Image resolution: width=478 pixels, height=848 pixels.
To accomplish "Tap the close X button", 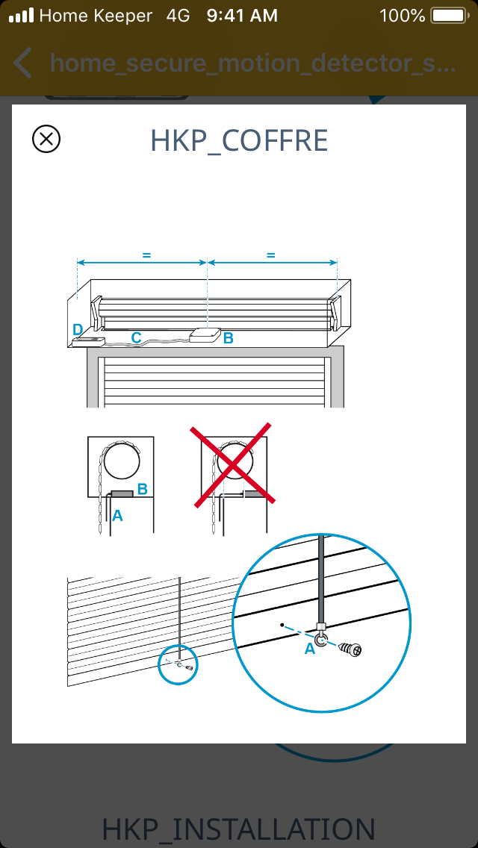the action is [x=46, y=139].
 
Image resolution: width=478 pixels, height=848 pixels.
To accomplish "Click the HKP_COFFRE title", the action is [x=239, y=140].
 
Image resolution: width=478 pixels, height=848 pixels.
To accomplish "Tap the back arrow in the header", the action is [x=22, y=63].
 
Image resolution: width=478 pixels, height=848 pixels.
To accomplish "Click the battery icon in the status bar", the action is [x=450, y=16].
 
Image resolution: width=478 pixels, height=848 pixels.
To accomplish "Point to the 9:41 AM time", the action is [x=242, y=16].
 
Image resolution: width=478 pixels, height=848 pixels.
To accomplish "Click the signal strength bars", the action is [x=22, y=16].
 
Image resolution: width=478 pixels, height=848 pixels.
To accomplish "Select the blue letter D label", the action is [x=78, y=329].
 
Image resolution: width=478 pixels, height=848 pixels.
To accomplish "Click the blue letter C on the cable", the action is [x=137, y=338].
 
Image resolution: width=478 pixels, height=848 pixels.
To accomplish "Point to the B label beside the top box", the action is [x=229, y=339].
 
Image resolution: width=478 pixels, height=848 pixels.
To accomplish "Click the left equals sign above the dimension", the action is [x=146, y=255].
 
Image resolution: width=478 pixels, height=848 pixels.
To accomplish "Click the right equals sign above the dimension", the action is [x=271, y=255].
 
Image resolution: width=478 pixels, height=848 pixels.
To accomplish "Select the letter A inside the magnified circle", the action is [x=310, y=649].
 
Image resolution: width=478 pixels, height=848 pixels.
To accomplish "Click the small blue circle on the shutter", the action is [x=178, y=664].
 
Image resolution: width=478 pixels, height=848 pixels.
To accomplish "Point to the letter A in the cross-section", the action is [x=117, y=517].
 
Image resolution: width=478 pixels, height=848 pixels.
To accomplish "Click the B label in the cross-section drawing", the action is [x=143, y=489].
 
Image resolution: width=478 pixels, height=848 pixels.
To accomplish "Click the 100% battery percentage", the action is [x=403, y=16].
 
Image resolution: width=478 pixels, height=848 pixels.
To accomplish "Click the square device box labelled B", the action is [x=205, y=335].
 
